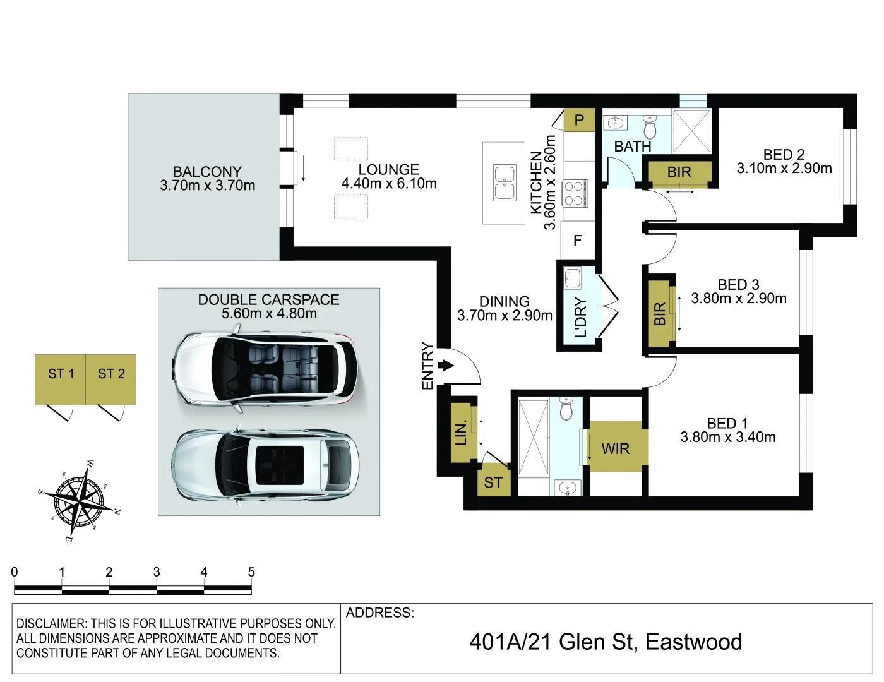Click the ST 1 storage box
click(61, 379)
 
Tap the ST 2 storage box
click(111, 379)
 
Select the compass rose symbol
click(79, 501)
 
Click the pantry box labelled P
click(579, 120)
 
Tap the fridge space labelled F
click(577, 241)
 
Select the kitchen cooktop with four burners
click(575, 193)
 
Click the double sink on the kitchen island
click(505, 183)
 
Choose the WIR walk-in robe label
click(616, 448)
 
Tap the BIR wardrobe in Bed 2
click(679, 172)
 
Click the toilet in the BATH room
click(650, 126)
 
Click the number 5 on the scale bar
click(251, 572)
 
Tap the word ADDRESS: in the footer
click(380, 613)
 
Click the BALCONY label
click(207, 172)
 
